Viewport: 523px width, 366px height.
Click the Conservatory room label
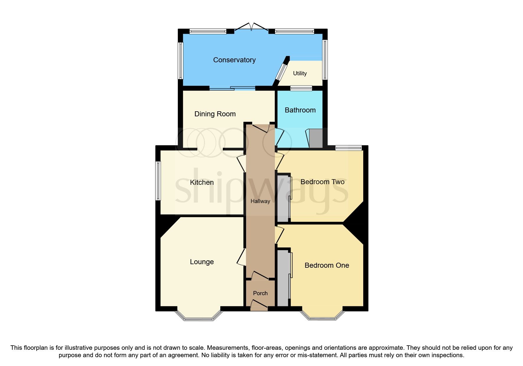234,60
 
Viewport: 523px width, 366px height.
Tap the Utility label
300,73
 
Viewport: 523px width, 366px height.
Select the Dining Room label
215,114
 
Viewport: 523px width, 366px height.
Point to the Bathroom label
300,110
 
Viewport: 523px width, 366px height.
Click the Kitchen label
202,182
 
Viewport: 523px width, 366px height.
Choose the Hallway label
260,201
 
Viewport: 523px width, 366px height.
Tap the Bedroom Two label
322,182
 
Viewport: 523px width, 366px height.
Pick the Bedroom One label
327,265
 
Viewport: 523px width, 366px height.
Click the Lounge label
202,262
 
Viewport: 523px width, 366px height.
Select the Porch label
260,293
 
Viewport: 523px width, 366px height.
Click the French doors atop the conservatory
251,27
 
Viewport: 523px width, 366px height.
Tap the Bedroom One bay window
322,318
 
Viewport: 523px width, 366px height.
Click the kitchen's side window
158,181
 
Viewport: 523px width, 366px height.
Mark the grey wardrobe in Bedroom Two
283,198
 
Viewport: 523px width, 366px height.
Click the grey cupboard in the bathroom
316,138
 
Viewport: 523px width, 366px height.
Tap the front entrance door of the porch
259,305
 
